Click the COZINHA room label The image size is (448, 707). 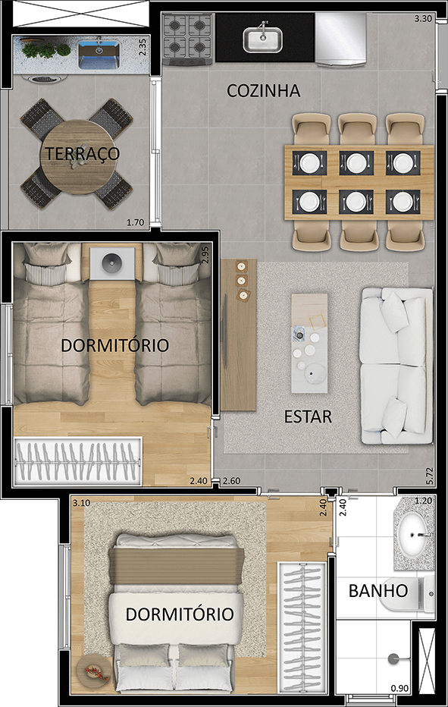[264, 91]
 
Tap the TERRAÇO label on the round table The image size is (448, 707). [82, 153]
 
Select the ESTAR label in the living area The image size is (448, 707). [308, 416]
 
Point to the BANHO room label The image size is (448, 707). [378, 591]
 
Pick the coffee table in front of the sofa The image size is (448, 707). [309, 343]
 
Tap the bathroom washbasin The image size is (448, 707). [415, 534]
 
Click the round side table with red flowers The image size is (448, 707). [93, 670]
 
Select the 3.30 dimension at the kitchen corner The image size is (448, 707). [423, 20]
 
